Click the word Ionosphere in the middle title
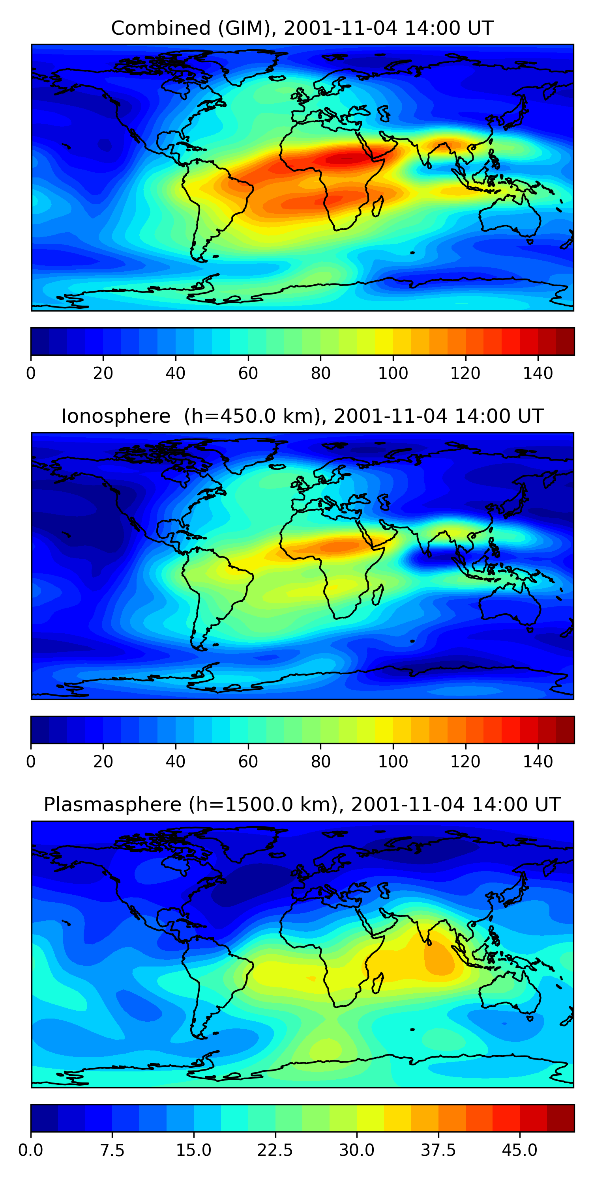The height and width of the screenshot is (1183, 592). (x=116, y=416)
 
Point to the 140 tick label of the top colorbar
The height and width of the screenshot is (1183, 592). (x=538, y=373)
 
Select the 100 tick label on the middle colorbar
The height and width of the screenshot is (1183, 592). (x=393, y=761)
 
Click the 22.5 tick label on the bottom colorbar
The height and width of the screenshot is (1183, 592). (x=275, y=1150)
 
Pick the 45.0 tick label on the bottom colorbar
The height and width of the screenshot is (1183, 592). (x=519, y=1150)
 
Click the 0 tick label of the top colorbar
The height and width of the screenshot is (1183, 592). (x=31, y=373)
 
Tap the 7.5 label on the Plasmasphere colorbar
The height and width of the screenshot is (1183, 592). (x=112, y=1150)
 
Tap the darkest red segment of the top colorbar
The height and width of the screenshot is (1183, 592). (x=565, y=341)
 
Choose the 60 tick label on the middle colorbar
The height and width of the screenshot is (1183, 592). (x=248, y=761)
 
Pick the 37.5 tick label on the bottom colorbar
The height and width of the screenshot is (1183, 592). (x=438, y=1150)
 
